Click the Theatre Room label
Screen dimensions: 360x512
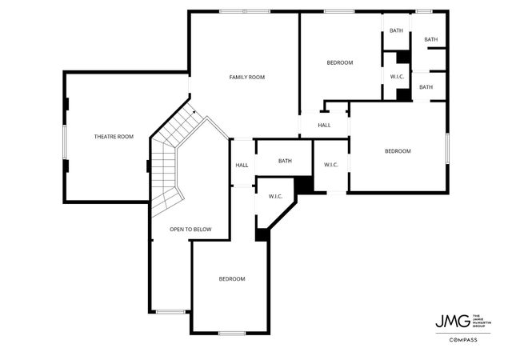tap(114, 137)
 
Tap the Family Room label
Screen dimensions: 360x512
tap(246, 77)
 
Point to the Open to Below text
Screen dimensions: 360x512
tap(190, 230)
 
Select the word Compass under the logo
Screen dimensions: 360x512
tap(462, 340)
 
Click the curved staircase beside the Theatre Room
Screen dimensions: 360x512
tap(170, 160)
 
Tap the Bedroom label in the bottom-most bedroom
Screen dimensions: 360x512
tap(232, 278)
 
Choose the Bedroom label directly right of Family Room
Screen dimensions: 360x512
tap(339, 62)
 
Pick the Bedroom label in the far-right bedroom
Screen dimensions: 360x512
tap(397, 151)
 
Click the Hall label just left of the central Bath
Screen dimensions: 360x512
tap(242, 166)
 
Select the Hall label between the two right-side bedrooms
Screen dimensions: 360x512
tap(324, 125)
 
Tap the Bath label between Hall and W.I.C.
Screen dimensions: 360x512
tap(285, 161)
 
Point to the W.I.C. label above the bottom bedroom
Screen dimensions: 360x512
tap(276, 196)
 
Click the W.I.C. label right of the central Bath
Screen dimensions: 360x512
tap(331, 165)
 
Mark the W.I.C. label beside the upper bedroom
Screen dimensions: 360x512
tap(396, 77)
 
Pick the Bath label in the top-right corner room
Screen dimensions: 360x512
tap(430, 39)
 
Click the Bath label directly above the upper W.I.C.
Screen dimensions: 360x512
tap(396, 30)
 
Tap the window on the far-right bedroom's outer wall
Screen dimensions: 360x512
tap(447, 151)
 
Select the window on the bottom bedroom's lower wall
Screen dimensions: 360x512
tap(231, 333)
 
